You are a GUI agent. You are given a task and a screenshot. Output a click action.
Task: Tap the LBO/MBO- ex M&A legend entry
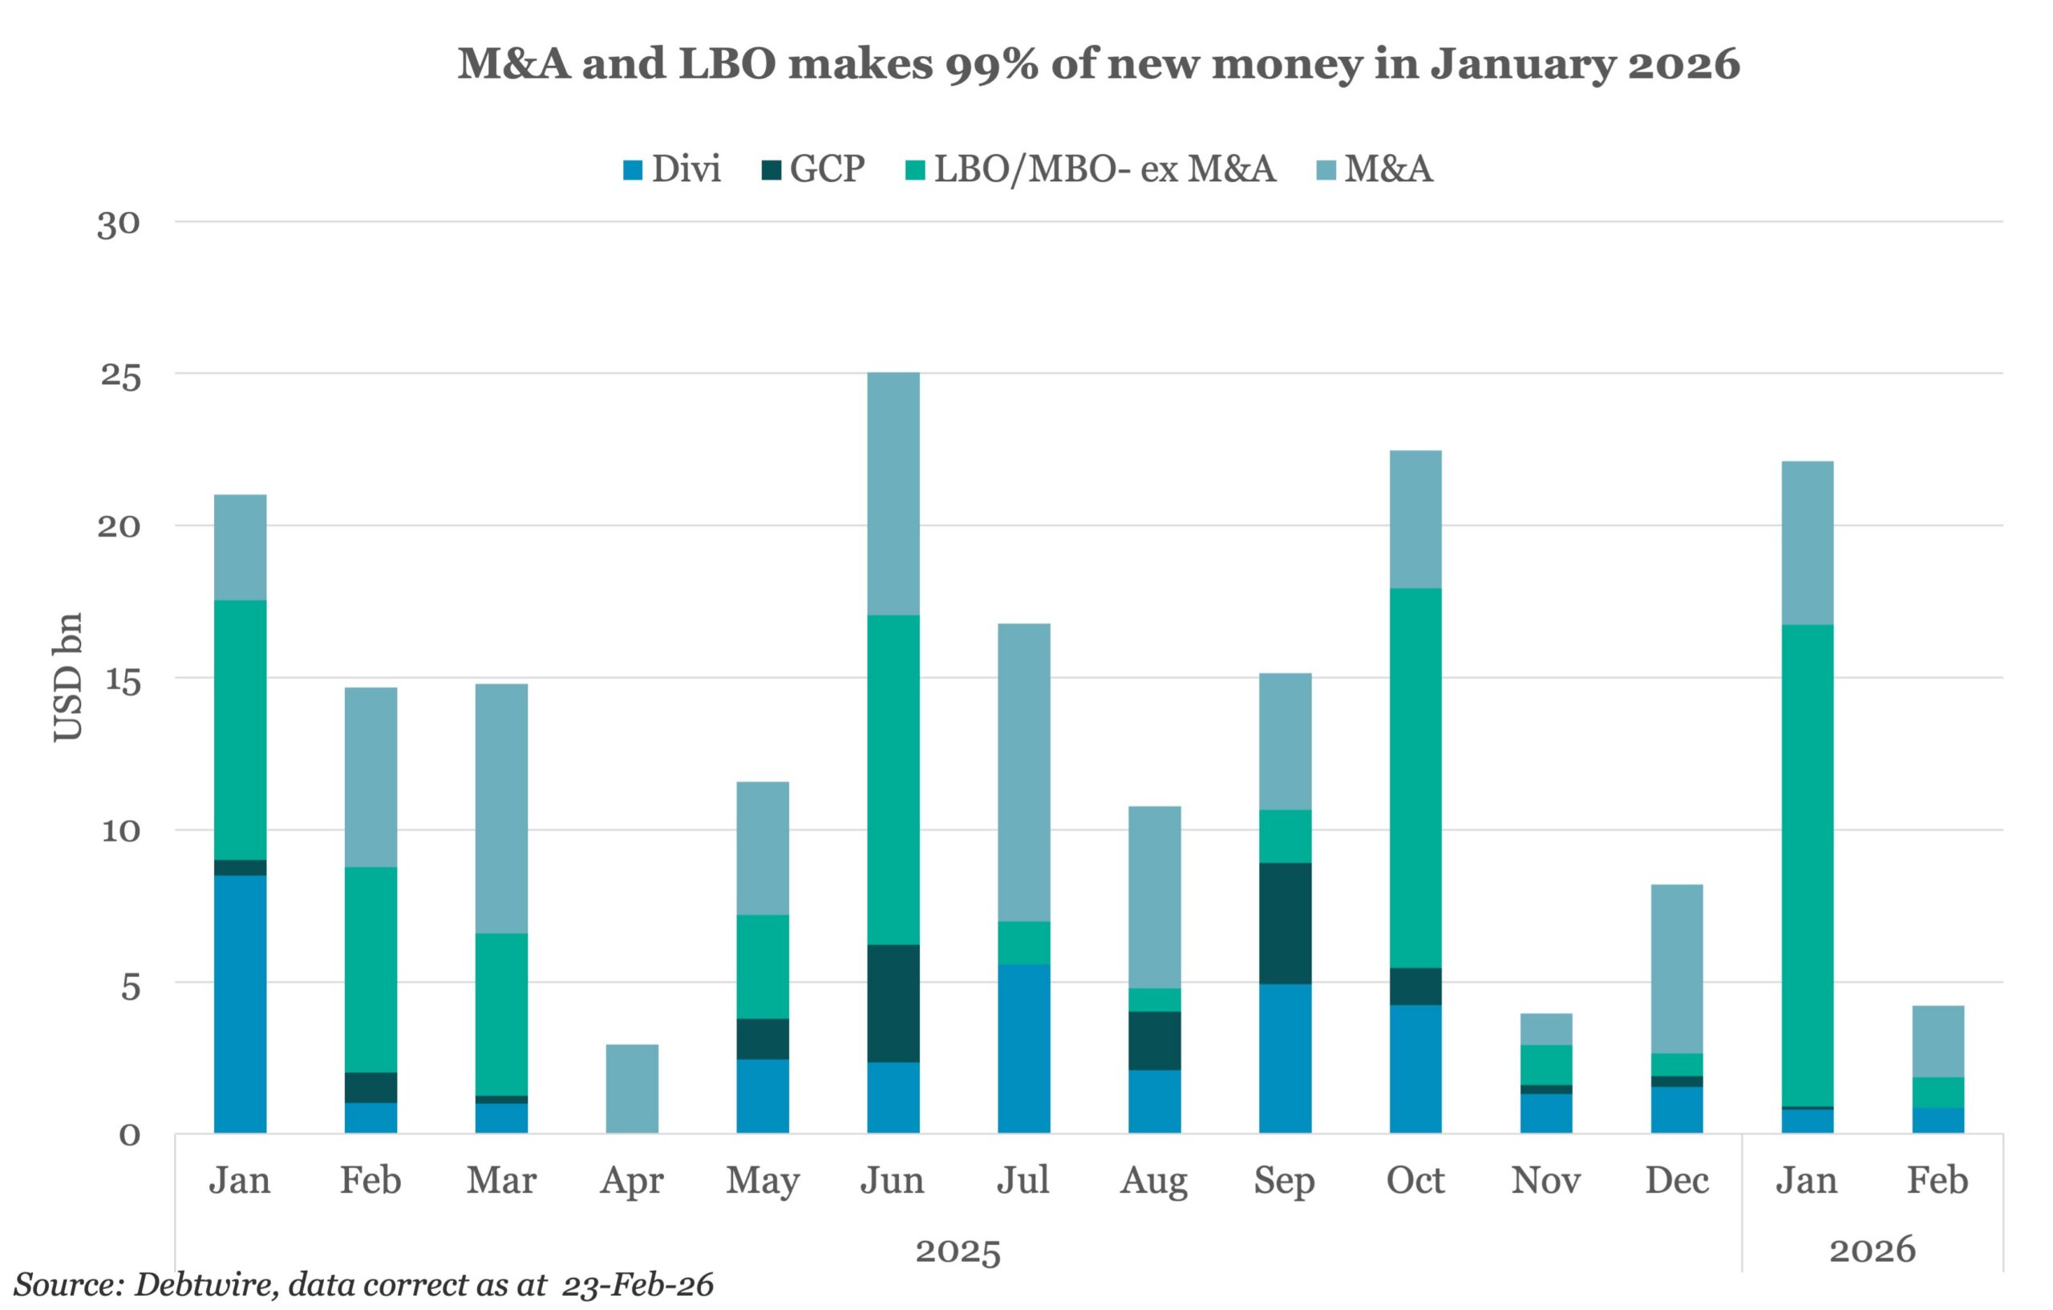1091,169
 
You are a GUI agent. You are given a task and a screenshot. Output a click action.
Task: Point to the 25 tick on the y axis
119,375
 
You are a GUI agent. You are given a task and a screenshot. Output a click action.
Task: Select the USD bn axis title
68,677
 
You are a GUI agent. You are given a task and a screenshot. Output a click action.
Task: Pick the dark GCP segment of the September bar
1285,923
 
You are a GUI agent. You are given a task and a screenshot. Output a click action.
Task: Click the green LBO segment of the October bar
1415,778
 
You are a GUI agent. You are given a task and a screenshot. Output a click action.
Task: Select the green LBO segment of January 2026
1807,866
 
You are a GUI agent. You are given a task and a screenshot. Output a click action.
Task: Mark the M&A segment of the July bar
1024,773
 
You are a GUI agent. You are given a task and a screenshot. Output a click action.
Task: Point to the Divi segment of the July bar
1024,1048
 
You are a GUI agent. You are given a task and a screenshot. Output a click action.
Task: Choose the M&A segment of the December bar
1677,969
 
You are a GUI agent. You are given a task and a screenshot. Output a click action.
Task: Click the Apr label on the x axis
632,1180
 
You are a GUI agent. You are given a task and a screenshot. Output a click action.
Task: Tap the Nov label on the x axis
1545,1180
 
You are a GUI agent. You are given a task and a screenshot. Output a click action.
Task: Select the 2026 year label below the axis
1873,1251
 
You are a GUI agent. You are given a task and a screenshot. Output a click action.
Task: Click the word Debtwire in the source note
204,1284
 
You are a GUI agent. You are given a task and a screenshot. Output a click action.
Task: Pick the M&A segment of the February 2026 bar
1938,1041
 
